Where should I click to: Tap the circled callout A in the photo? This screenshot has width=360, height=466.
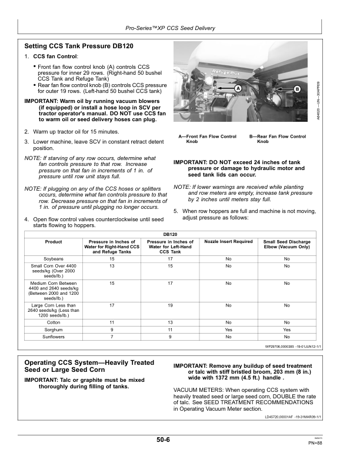point(238,88)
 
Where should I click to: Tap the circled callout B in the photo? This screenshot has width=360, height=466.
point(298,88)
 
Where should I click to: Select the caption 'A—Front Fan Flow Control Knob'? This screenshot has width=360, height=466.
point(207,139)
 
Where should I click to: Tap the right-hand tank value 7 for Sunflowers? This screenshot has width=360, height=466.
point(112,337)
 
